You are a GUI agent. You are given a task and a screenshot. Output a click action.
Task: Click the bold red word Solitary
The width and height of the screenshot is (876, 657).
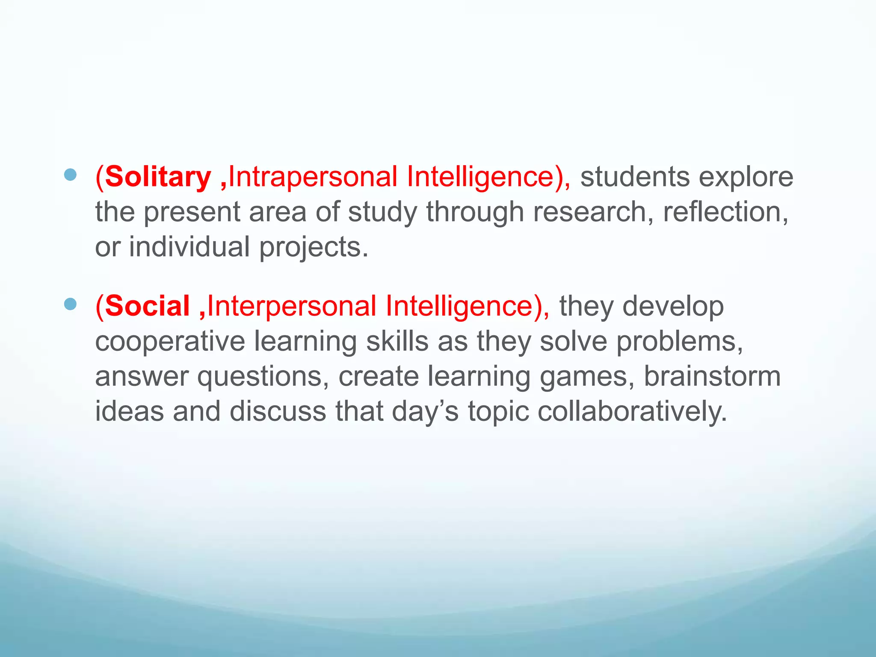point(158,177)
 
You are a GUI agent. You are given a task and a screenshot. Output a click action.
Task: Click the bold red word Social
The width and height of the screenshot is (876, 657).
point(147,306)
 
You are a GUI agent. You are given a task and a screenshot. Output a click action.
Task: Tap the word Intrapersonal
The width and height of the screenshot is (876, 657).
point(313,177)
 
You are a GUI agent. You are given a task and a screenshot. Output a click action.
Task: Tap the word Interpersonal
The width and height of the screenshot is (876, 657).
point(291,306)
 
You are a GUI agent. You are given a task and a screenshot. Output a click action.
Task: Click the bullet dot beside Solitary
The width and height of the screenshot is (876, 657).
point(70,175)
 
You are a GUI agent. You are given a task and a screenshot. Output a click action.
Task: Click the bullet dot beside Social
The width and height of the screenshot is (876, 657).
point(70,304)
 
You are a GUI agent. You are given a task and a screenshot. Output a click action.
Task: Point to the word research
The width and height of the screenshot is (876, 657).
point(593,212)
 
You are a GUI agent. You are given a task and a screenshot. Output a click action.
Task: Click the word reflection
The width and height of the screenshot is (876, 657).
point(725,212)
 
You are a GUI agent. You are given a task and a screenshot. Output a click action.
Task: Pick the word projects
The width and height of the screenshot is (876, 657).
point(314,248)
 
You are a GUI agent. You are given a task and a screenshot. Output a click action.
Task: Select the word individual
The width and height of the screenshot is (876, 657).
point(189,247)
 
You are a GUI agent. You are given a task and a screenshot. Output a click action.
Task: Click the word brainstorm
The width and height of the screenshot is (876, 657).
point(712,376)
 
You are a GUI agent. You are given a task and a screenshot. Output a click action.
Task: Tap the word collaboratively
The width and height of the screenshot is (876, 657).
point(632,411)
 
